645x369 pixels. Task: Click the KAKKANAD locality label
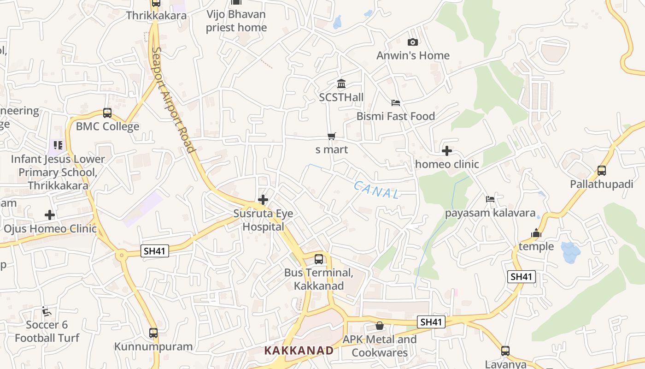[x=299, y=351]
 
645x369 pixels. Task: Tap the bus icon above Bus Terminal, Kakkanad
[x=319, y=259]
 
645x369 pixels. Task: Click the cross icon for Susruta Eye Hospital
[x=263, y=200]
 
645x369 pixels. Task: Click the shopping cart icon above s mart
[x=331, y=136]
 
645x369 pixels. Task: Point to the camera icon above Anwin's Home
[x=413, y=42]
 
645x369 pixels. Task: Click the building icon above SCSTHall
[x=341, y=84]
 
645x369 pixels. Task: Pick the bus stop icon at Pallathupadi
[x=602, y=171]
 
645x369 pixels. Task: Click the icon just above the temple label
[x=536, y=233]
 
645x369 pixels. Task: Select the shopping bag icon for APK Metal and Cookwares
[x=380, y=326]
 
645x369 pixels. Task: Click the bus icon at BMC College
[x=107, y=113]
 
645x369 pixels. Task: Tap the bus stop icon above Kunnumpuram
[x=153, y=333]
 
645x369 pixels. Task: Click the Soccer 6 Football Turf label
[x=47, y=331]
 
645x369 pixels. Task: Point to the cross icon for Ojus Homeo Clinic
[x=50, y=215]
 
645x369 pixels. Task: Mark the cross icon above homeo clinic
[x=446, y=151]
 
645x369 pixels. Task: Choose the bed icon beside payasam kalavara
[x=490, y=199]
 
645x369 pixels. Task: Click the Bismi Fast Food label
[x=395, y=116]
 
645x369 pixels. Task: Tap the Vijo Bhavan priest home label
[x=236, y=21]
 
